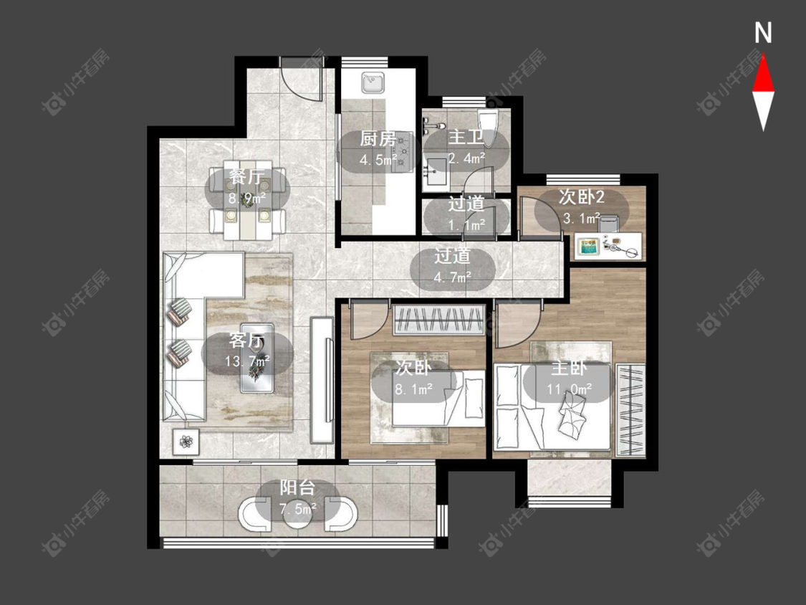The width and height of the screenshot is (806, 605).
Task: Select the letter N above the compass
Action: pyautogui.click(x=763, y=33)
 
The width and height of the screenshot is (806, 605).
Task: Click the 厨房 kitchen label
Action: pyautogui.click(x=378, y=139)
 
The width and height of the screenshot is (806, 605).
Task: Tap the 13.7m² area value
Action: pyautogui.click(x=247, y=362)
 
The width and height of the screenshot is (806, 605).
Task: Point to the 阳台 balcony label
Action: pyautogui.click(x=297, y=488)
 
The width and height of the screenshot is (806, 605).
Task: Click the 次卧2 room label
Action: pyautogui.click(x=581, y=197)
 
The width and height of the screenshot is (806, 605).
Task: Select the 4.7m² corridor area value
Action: pyautogui.click(x=452, y=277)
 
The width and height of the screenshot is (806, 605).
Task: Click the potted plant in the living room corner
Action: pyautogui.click(x=186, y=441)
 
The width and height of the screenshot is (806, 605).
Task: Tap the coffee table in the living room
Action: pyautogui.click(x=257, y=358)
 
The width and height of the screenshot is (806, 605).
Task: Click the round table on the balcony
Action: pyautogui.click(x=297, y=512)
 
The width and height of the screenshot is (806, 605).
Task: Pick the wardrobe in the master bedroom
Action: pyautogui.click(x=630, y=410)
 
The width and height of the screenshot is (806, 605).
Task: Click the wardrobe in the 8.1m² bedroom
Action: pyautogui.click(x=439, y=320)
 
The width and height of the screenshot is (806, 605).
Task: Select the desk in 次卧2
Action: pyautogui.click(x=608, y=247)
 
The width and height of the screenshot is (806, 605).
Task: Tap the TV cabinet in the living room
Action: pyautogui.click(x=323, y=380)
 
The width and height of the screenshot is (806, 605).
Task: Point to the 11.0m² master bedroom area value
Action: pyautogui.click(x=569, y=389)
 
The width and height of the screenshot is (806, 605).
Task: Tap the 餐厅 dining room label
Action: pyautogui.click(x=247, y=178)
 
